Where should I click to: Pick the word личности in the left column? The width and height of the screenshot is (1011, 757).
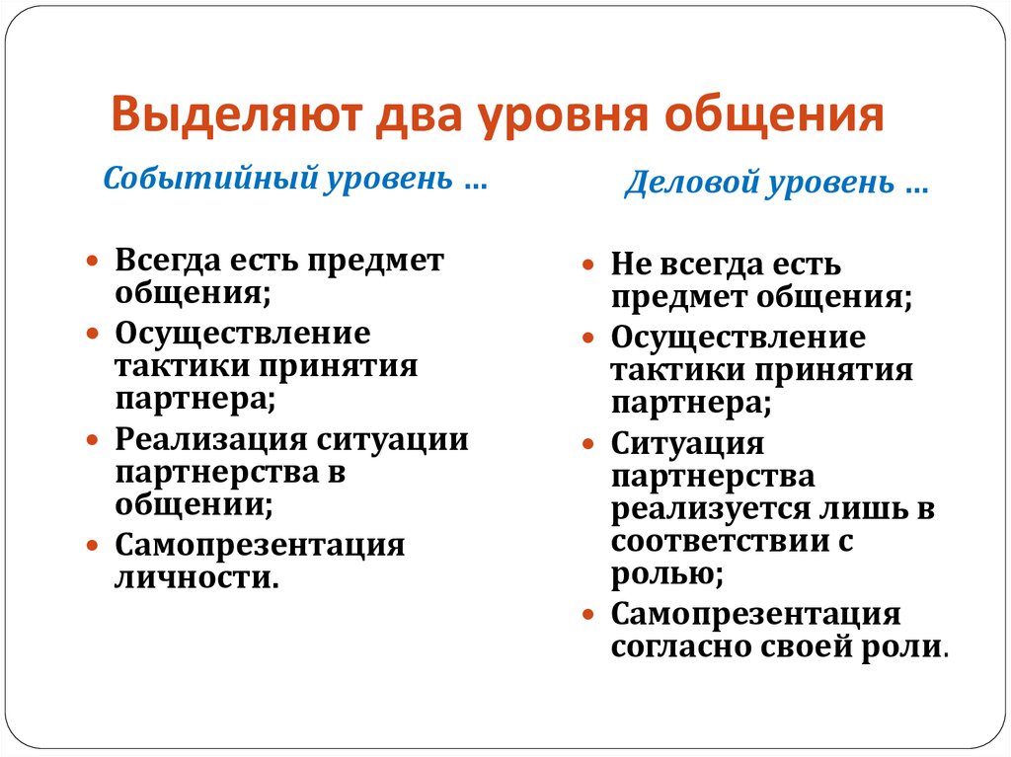(x=191, y=575)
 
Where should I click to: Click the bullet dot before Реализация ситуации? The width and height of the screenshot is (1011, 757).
(x=92, y=438)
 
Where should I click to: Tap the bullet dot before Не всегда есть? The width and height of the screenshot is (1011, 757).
(x=587, y=265)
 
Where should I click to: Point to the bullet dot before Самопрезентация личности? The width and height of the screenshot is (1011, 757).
(x=92, y=545)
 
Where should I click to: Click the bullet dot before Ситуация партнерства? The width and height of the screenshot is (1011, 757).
(x=587, y=444)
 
